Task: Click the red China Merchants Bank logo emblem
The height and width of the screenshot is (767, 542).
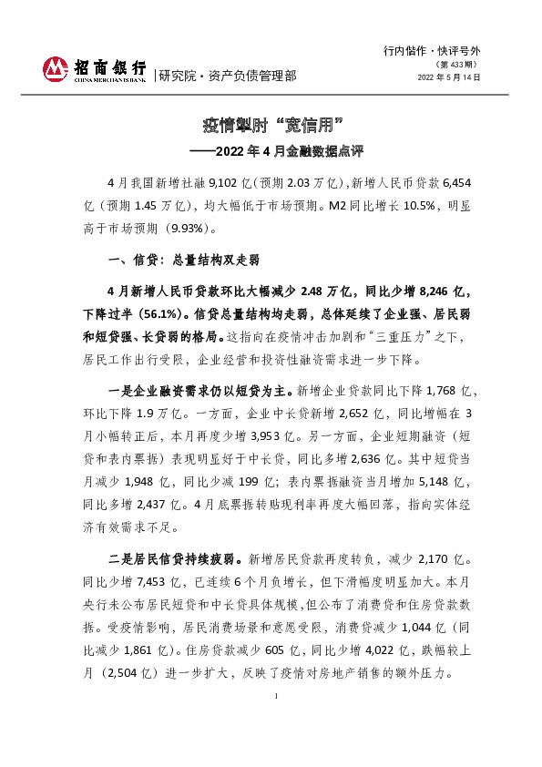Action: tap(55, 68)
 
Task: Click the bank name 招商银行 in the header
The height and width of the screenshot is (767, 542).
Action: tap(107, 66)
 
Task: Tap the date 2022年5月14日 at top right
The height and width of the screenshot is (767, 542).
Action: tap(449, 77)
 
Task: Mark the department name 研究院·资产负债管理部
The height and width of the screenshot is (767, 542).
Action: tap(228, 76)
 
